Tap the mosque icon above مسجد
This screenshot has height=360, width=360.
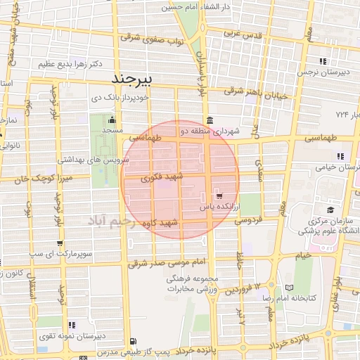[111, 121]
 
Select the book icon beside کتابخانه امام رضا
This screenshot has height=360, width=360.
[288, 288]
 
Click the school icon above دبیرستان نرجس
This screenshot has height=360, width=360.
[322, 61]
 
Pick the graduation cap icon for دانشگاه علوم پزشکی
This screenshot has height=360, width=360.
[330, 209]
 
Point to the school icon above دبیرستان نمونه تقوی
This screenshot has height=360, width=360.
[72, 324]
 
